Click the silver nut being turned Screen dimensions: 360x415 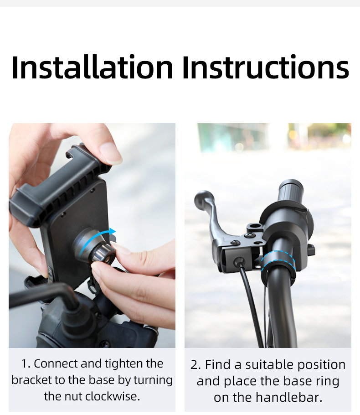(x=103, y=254)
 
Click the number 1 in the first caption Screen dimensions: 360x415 (x=25, y=364)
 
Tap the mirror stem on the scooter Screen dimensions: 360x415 (x=45, y=296)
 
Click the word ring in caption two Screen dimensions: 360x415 (x=328, y=382)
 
